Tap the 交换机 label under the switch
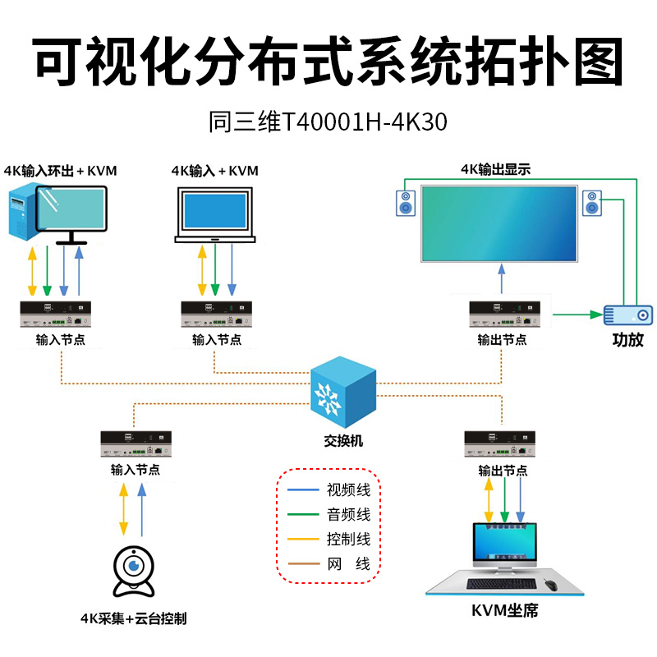click(x=343, y=441)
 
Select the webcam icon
click(x=134, y=572)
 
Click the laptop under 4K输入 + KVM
click(x=215, y=215)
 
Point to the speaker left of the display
click(x=406, y=203)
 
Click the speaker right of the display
click(x=592, y=203)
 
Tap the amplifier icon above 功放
click(x=627, y=315)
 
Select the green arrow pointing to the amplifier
click(x=578, y=315)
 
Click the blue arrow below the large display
click(x=502, y=278)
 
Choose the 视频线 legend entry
click(x=329, y=489)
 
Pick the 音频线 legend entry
click(x=329, y=514)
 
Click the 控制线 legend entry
click(x=329, y=539)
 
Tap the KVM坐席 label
click(x=504, y=610)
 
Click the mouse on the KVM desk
click(x=550, y=585)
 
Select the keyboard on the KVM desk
click(x=501, y=584)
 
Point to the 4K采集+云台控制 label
click(x=134, y=618)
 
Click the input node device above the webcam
click(x=136, y=443)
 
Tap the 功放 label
click(x=627, y=339)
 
